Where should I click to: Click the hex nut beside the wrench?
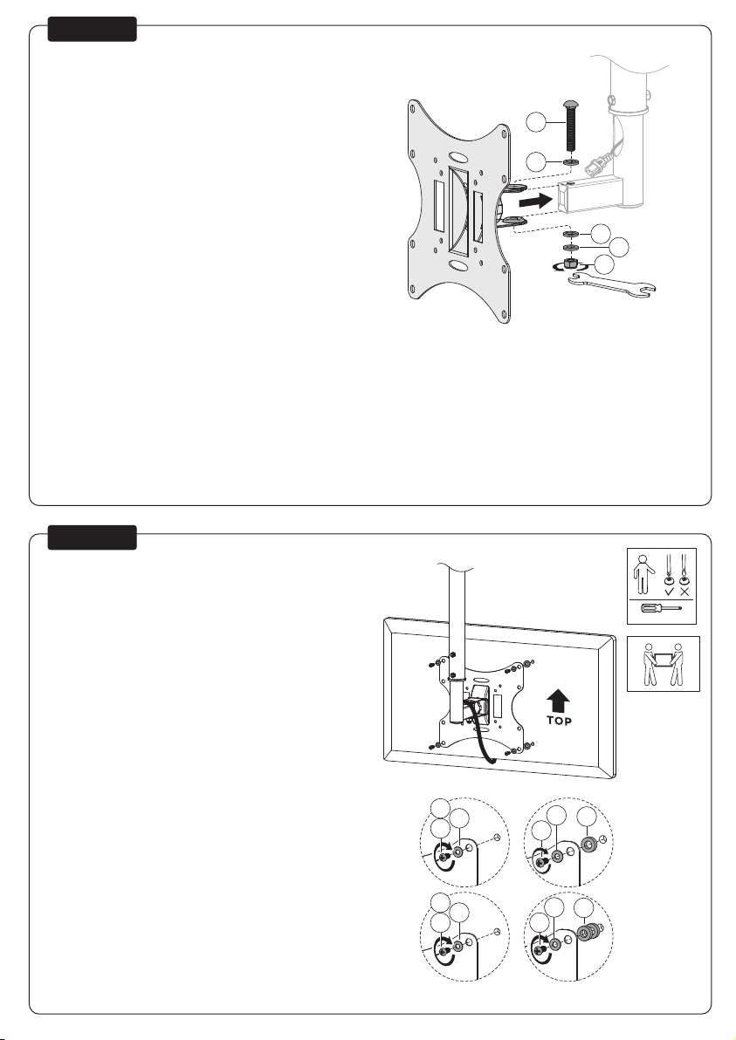(568, 264)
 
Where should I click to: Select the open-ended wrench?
(612, 286)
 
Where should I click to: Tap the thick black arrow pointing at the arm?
(535, 200)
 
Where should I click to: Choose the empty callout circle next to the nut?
(604, 264)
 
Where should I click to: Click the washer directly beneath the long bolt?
(570, 162)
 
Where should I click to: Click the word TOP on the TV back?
(559, 721)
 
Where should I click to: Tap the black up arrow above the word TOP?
(559, 699)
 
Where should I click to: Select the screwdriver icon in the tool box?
(660, 607)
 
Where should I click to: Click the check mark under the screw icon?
(669, 592)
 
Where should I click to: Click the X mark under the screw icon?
(684, 592)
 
